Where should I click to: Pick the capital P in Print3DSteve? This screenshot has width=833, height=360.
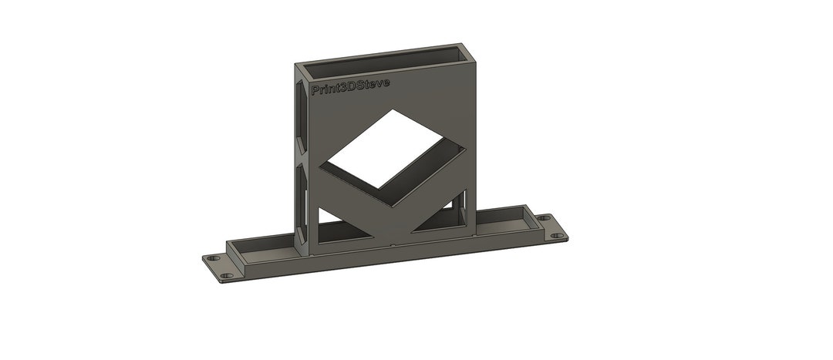pyautogui.click(x=314, y=91)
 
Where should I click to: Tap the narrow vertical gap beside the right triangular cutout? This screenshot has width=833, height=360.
pyautogui.click(x=464, y=209)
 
